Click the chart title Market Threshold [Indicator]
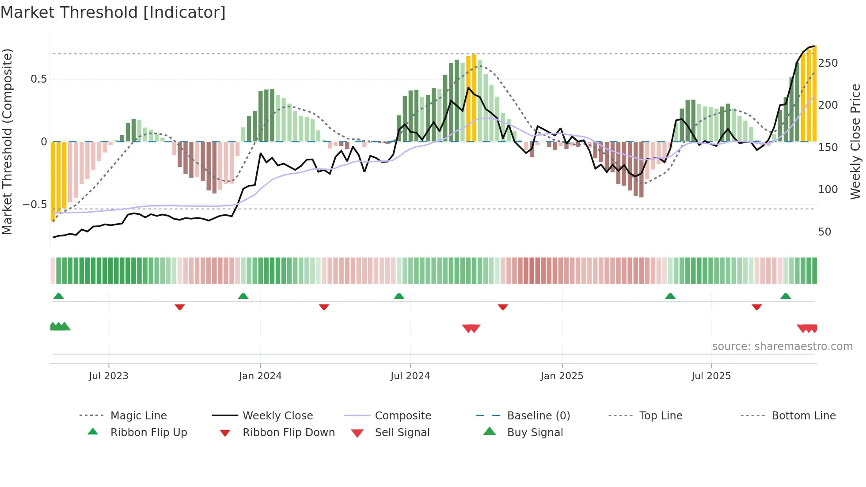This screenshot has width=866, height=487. click(113, 12)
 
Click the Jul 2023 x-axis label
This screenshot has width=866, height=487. click(108, 376)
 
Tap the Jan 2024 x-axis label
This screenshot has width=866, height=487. click(260, 376)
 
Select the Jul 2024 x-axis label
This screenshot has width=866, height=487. click(410, 376)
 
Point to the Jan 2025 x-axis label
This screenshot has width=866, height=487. click(562, 376)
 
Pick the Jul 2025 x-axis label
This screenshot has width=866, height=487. click(711, 376)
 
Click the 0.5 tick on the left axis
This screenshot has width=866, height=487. click(38, 79)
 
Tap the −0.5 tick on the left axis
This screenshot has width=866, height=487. click(35, 205)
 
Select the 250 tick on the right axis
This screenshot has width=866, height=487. click(828, 63)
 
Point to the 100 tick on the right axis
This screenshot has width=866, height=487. click(828, 190)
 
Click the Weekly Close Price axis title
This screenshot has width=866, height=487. click(855, 141)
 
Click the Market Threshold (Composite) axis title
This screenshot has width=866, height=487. click(7, 141)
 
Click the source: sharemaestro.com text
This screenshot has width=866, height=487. click(782, 346)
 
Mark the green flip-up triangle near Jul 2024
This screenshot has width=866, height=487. click(399, 296)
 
